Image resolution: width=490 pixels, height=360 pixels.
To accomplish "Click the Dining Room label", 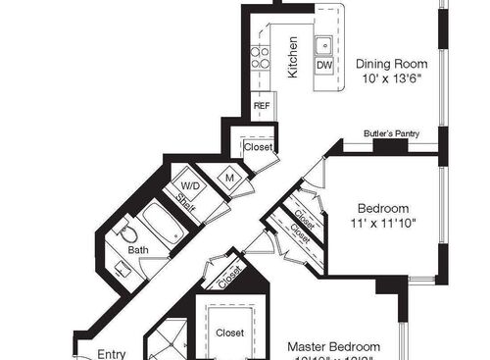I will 390,61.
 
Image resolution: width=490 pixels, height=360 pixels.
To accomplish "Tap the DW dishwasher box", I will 323,66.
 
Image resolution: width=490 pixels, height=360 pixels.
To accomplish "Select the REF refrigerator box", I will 262,105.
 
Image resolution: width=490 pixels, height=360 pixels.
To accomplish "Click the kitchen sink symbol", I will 323,44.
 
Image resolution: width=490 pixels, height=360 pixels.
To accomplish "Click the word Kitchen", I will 292,57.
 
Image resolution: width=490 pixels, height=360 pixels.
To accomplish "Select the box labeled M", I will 230,178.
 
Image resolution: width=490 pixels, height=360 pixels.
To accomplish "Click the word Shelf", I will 185,202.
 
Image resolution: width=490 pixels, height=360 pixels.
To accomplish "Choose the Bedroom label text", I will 382,208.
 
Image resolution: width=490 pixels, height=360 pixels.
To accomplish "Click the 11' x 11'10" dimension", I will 383,224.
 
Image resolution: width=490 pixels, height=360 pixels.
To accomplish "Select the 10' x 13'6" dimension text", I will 390,77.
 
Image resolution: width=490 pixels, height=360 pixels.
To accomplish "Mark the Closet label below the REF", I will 258,146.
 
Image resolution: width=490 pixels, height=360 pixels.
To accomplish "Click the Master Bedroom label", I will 333,347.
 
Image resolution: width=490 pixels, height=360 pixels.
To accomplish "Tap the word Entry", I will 111,354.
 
